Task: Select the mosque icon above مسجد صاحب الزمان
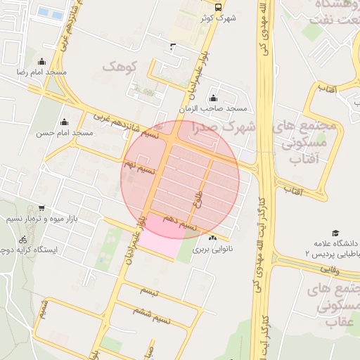pyautogui.click(x=213, y=98)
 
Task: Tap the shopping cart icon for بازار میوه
pyautogui.click(x=42, y=207)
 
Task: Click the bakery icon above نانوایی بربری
pyautogui.click(x=212, y=238)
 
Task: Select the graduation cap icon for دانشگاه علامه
pyautogui.click(x=335, y=233)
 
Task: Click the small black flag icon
pyautogui.click(x=173, y=47)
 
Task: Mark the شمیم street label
pyautogui.click(x=44, y=309)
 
